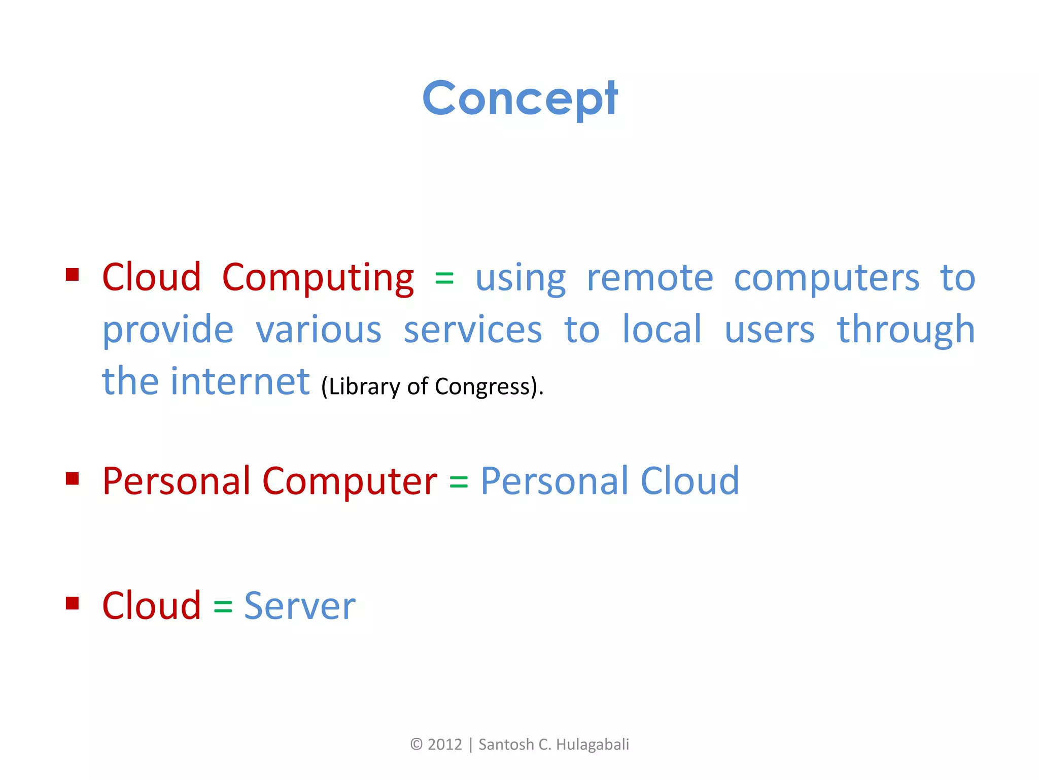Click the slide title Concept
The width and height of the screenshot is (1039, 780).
pos(520,99)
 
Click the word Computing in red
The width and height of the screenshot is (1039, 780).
pos(318,278)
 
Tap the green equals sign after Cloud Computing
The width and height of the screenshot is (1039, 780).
pos(444,278)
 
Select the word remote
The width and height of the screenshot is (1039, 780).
pos(650,278)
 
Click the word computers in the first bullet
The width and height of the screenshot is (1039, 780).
pos(826,278)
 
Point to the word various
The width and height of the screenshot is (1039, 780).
pos(318,330)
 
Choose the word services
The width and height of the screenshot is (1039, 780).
pos(473,330)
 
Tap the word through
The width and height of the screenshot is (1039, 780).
pos(906,330)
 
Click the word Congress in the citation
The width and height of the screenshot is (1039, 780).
pos(482,387)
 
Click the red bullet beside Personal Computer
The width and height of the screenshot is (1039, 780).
pos(73,479)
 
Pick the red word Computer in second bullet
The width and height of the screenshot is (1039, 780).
pos(350,481)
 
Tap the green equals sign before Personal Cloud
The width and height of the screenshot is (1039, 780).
pos(459,481)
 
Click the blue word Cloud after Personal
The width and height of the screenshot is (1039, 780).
pos(690,481)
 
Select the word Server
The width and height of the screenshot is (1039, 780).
pos(300,606)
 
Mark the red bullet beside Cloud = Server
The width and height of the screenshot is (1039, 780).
pos(73,603)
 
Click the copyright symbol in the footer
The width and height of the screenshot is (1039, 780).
pos(416,744)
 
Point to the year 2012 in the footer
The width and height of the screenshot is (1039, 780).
pos(445,744)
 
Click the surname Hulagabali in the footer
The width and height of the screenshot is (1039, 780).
pos(592,744)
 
